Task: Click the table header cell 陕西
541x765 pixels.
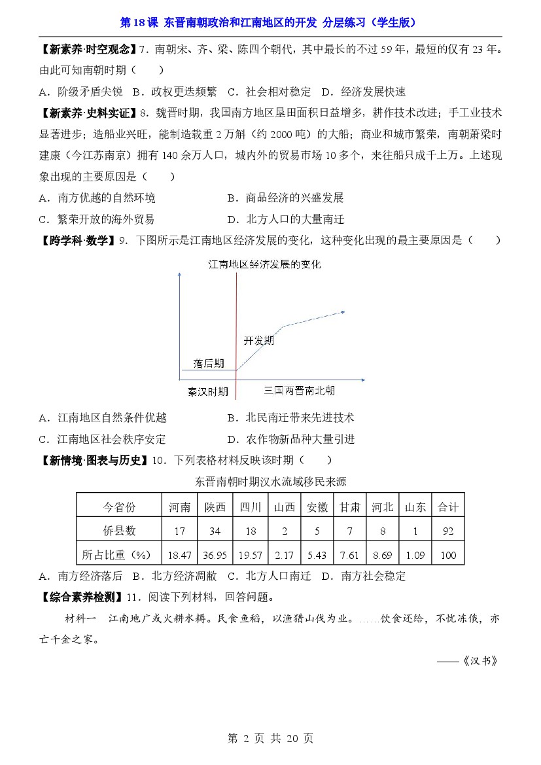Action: [x=215, y=507]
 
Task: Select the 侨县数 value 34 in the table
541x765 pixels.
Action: [x=215, y=531]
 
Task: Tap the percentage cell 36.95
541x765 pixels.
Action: [x=215, y=555]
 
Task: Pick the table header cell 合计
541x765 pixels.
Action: [x=448, y=507]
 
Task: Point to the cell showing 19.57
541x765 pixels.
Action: [x=250, y=555]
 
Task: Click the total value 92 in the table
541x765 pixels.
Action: [x=448, y=531]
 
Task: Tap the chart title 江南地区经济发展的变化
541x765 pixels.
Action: [x=264, y=265]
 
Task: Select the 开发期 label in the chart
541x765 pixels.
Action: [x=258, y=341]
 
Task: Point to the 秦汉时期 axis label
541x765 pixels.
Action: [x=207, y=391]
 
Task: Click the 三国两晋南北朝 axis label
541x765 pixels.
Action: [x=300, y=391]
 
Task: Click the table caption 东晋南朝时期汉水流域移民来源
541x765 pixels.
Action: [x=270, y=482]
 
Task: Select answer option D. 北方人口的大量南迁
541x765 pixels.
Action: [x=285, y=219]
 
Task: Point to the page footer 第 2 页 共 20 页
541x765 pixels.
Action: [x=270, y=738]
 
